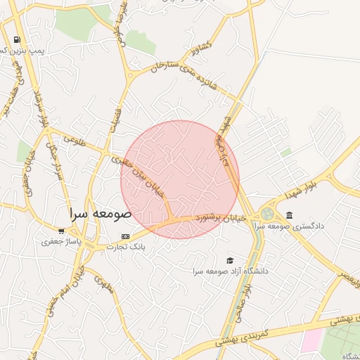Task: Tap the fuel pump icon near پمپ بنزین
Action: pyautogui.click(x=16, y=40)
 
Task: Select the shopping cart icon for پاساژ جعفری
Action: pyautogui.click(x=61, y=231)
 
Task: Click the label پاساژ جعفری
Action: pyautogui.click(x=61, y=241)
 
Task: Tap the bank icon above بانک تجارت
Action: pyautogui.click(x=125, y=236)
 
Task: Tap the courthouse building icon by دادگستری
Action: pyautogui.click(x=289, y=215)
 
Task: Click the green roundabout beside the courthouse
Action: pyautogui.click(x=268, y=213)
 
